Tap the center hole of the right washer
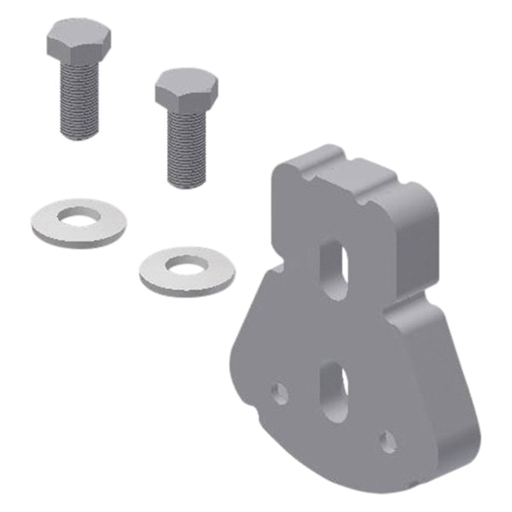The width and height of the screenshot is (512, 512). tap(187, 264)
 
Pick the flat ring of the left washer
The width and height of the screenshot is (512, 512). tap(45, 224)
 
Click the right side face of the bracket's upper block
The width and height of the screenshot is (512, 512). tap(419, 243)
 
